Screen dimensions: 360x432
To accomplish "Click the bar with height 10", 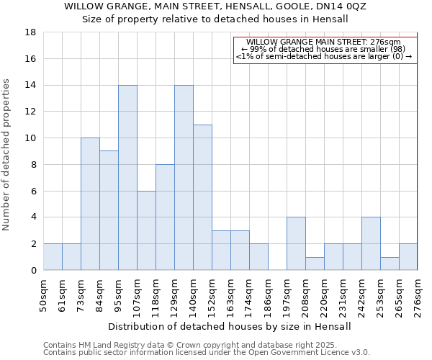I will pos(90,204).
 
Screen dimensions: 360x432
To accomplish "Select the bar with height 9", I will pos(109,210).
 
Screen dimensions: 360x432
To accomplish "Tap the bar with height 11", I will pos(202,197).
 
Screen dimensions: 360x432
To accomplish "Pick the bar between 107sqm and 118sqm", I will pos(146,230).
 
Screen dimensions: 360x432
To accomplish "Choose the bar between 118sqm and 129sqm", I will pos(165,217).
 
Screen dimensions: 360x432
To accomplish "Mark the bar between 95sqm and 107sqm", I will pos(127,177).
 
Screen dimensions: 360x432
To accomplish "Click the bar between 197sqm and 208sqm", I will pos(296,243).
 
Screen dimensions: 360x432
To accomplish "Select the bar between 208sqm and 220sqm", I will pos(315,264).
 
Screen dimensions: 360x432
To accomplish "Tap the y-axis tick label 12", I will pos(30,112).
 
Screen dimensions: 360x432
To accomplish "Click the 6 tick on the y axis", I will pos(33,191).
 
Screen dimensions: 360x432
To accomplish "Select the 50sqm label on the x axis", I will pos(43,294).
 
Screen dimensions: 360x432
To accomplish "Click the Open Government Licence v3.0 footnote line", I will pos(207,353).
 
